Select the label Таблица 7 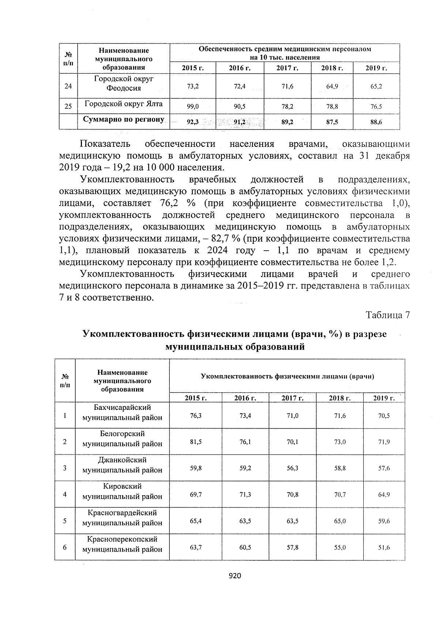(388, 315)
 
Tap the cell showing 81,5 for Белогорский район (196, 442)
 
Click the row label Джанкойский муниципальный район (122, 465)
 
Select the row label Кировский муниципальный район (122, 491)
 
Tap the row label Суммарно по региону (124, 120)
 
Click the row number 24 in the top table (68, 86)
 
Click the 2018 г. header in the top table (332, 68)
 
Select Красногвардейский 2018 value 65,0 (340, 521)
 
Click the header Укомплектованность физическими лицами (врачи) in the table (287, 376)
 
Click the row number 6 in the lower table (65, 547)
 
